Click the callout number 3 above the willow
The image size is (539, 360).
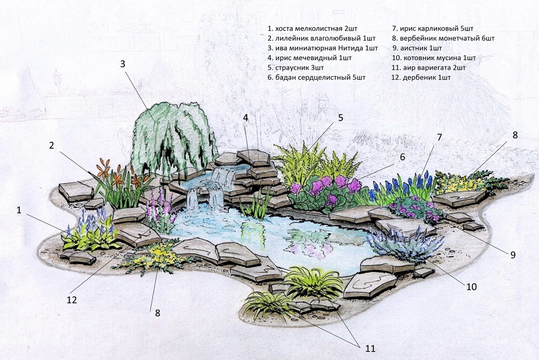click(x=123, y=64)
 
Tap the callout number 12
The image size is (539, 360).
click(x=72, y=300)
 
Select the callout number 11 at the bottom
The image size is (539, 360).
click(x=370, y=349)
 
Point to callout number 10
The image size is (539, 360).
click(x=471, y=286)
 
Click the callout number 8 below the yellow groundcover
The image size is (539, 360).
click(x=157, y=313)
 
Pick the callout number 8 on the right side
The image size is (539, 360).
click(x=515, y=135)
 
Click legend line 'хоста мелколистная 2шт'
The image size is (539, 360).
click(x=313, y=29)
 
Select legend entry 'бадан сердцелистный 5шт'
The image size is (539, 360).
click(x=316, y=77)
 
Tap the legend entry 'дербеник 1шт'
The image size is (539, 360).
click(x=421, y=77)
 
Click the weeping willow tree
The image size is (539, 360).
click(x=174, y=141)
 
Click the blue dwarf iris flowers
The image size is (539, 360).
click(x=402, y=186)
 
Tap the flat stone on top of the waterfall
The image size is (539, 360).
click(x=254, y=157)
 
